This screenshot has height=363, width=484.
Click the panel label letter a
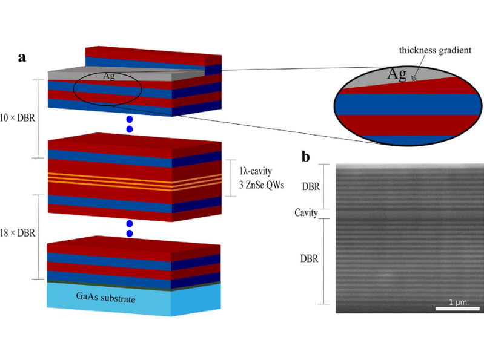[x=22, y=58]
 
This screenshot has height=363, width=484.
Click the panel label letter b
[x=307, y=157]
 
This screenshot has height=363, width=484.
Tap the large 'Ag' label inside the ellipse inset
[x=397, y=74]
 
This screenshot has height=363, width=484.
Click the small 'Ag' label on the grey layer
[x=109, y=76]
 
